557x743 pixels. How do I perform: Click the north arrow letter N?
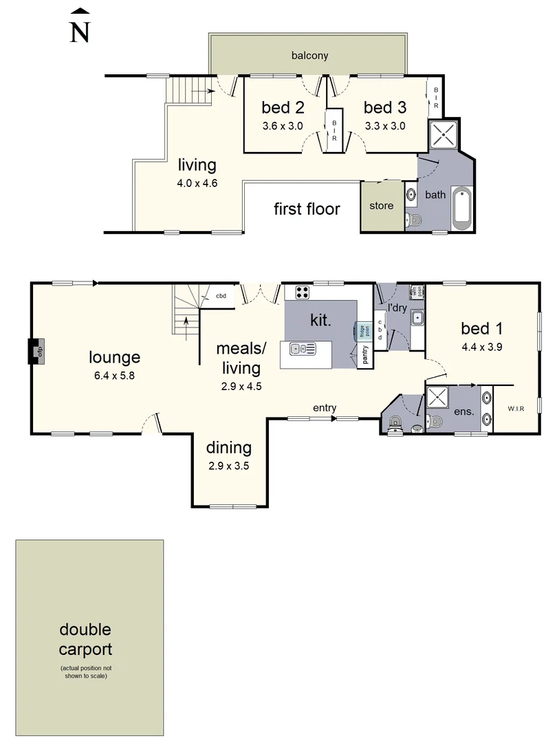tap(80, 32)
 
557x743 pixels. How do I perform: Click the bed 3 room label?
tap(384, 107)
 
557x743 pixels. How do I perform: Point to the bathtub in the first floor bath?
tap(460, 207)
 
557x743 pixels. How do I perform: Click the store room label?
tap(382, 206)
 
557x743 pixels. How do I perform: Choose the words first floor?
tap(307, 208)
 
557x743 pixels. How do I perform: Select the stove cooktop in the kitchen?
tap(301, 292)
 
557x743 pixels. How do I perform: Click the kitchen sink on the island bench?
tap(302, 349)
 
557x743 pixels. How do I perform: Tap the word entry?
tap(325, 408)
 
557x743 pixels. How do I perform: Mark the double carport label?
tap(85, 639)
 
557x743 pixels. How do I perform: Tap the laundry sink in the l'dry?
tap(417, 318)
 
